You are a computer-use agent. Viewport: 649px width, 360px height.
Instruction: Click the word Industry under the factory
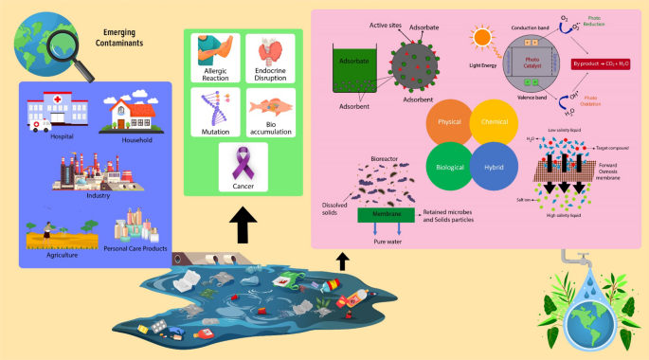click(99, 195)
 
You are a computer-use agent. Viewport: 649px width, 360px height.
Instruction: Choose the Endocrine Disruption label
click(272, 75)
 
